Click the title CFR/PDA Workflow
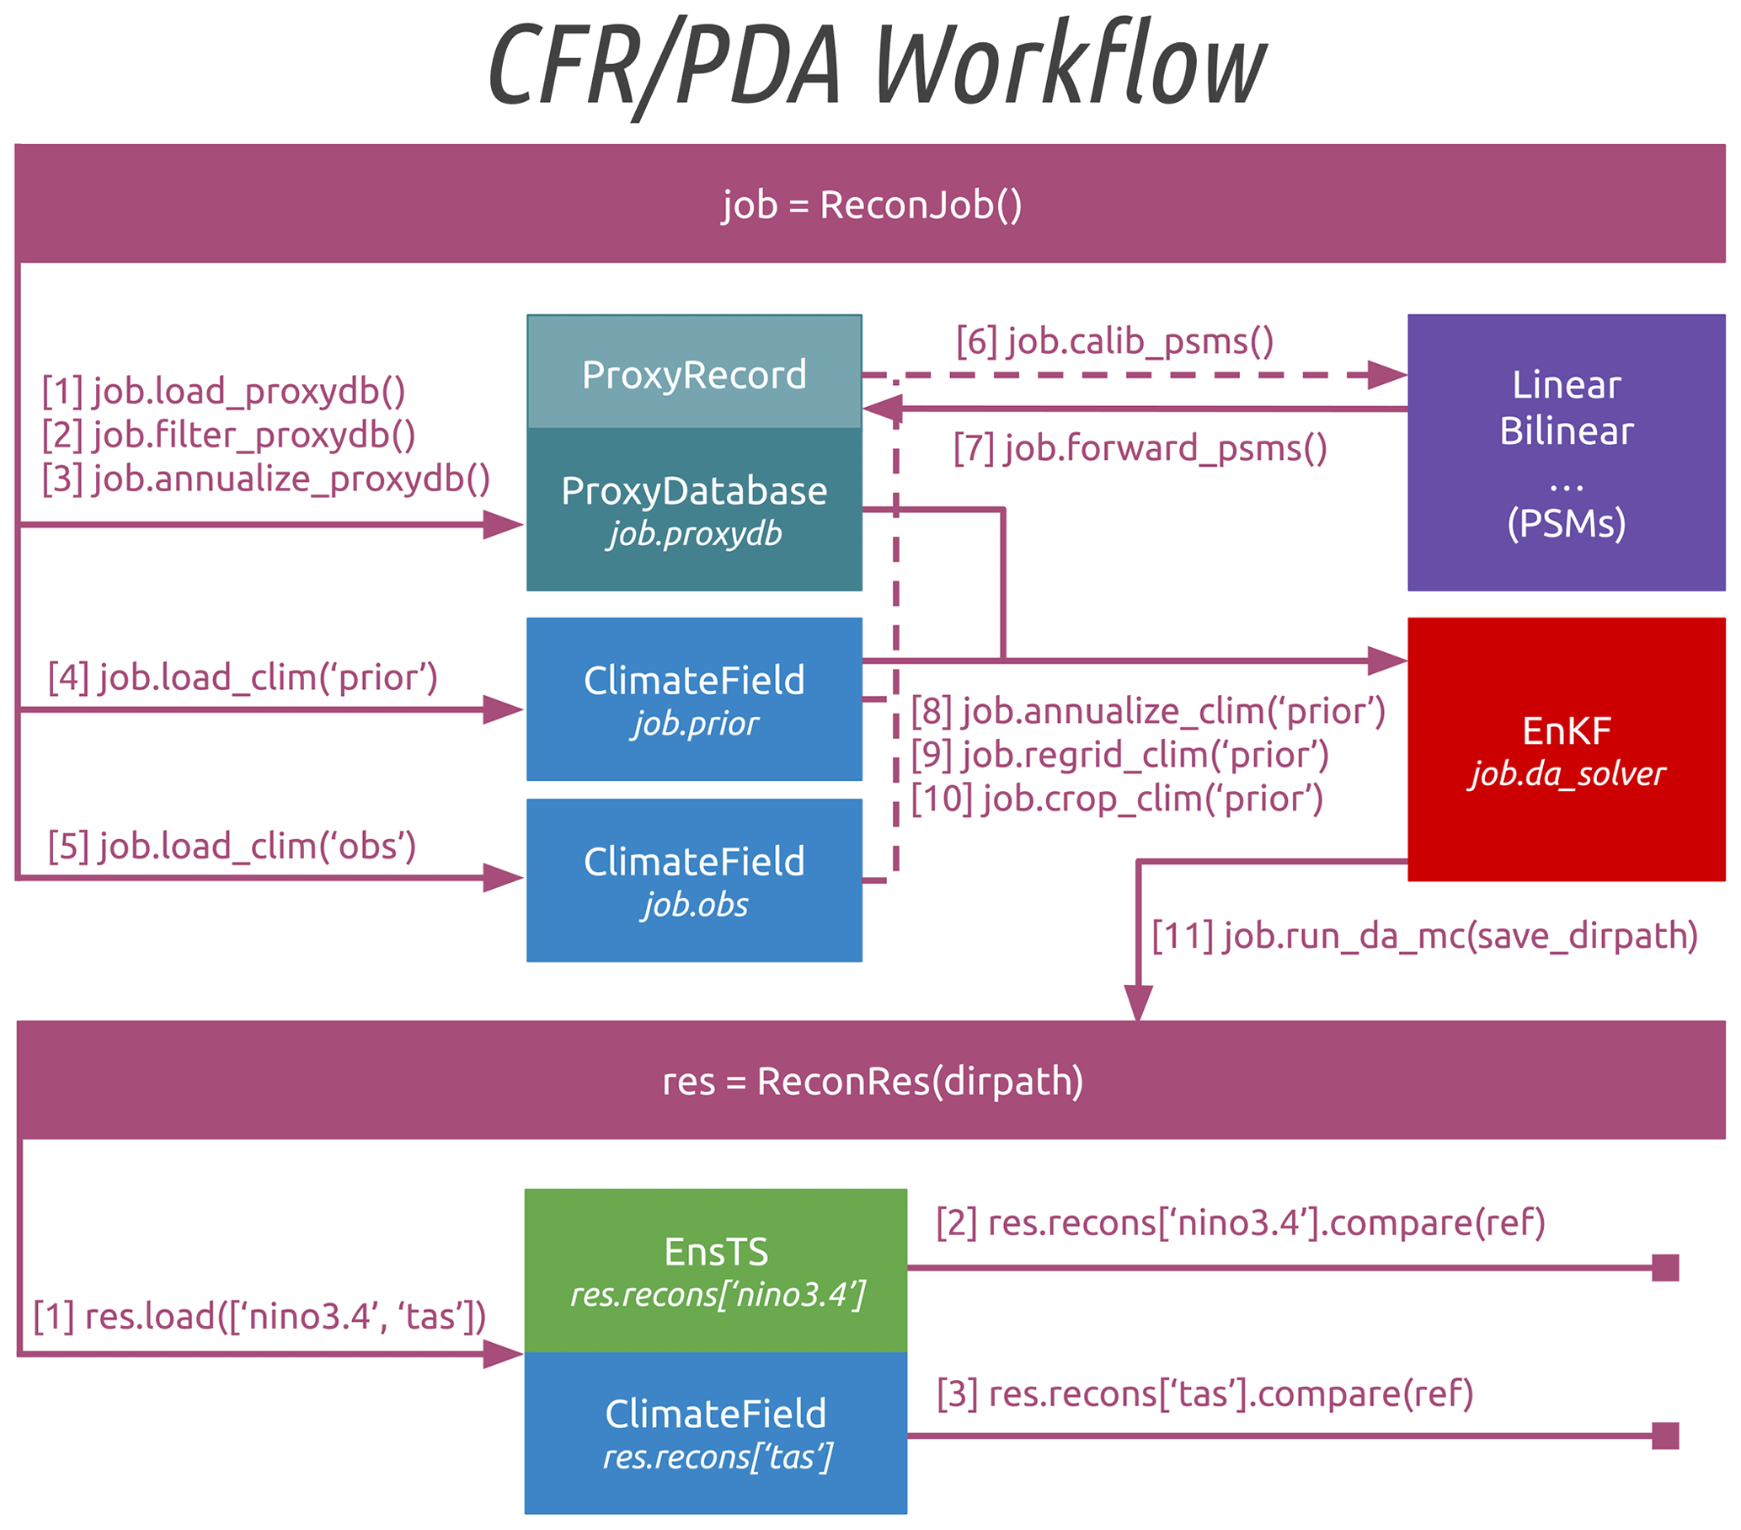click(878, 67)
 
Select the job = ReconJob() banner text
click(872, 206)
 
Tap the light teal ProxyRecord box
click(694, 373)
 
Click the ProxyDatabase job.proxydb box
click(694, 510)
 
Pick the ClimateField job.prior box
click(694, 698)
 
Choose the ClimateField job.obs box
click(694, 880)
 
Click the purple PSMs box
click(1566, 452)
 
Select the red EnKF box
click(1566, 750)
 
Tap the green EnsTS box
click(715, 1270)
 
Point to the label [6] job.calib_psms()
click(1114, 341)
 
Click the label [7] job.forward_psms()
click(1140, 448)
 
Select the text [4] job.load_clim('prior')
click(243, 678)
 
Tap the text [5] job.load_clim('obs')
click(232, 846)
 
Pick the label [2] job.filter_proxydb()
click(228, 436)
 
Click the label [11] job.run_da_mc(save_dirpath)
click(1424, 935)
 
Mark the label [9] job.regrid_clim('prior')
click(1120, 755)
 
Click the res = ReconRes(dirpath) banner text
click(873, 1081)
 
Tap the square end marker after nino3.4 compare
click(1664, 1268)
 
